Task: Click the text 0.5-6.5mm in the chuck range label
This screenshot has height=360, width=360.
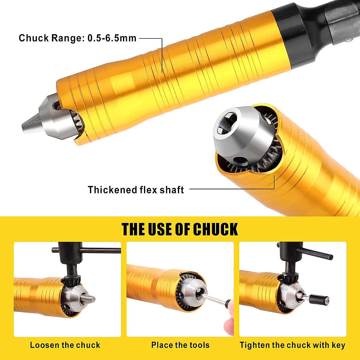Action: coord(112,38)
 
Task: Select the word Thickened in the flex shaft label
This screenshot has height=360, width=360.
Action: coord(112,190)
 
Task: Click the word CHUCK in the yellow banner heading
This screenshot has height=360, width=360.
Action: coord(215,230)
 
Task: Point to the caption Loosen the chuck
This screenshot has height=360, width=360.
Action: coord(65,345)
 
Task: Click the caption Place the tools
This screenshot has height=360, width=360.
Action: coord(180,345)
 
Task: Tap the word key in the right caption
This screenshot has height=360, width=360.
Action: coord(338,345)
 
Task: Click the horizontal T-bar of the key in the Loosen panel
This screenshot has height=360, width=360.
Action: coord(87,250)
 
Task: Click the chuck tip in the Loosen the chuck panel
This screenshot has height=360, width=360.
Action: coord(90,298)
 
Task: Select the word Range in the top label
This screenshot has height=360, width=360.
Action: coord(65,38)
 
